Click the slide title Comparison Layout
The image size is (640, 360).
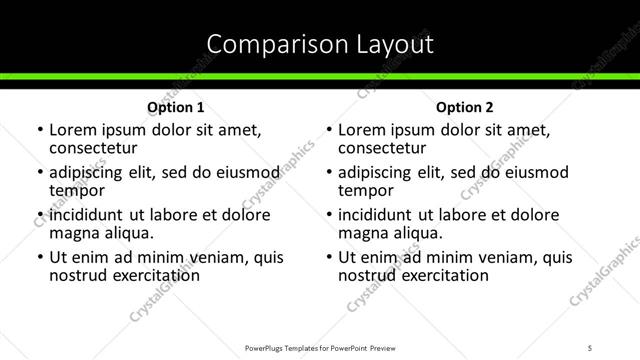pyautogui.click(x=319, y=44)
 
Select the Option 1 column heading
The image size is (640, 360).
pyautogui.click(x=176, y=107)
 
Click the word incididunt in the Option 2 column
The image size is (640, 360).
pyautogui.click(x=379, y=215)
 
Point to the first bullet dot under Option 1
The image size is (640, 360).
pyautogui.click(x=39, y=131)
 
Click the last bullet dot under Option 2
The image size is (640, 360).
pyautogui.click(x=328, y=257)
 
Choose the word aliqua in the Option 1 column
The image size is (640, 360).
pyautogui.click(x=129, y=233)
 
